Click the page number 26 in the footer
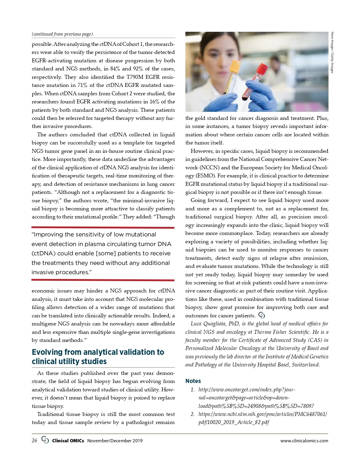click(x=34, y=441)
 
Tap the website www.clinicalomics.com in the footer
click(x=304, y=441)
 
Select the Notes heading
click(x=193, y=381)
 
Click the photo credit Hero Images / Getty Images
click(x=332, y=52)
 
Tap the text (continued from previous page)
click(x=62, y=34)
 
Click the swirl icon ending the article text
click(x=262, y=315)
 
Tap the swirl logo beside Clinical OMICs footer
click(x=45, y=440)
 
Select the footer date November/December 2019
click(x=115, y=441)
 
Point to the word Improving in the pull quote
click(x=49, y=235)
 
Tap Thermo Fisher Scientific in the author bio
click(x=282, y=332)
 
